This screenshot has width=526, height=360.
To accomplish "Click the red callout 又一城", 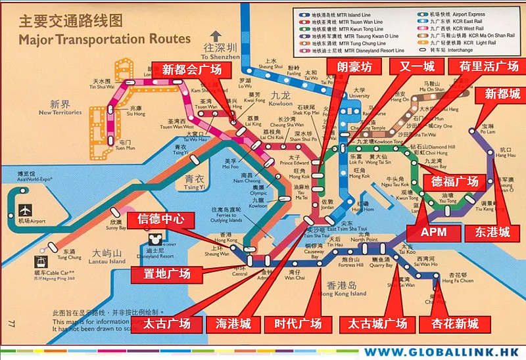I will (x=412, y=67).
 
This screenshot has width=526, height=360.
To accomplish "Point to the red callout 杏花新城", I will (x=455, y=323).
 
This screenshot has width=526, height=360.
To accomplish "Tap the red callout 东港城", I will (x=487, y=232).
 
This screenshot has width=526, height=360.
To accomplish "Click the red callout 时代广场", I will (x=298, y=323).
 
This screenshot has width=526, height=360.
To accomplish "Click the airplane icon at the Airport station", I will (x=25, y=211).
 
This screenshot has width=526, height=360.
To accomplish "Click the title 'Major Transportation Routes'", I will (x=105, y=39).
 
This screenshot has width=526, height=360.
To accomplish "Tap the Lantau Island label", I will (x=108, y=257).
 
